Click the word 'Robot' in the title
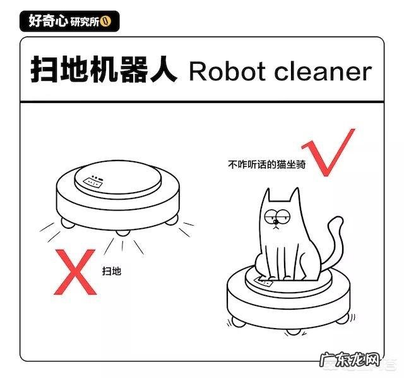pyautogui.click(x=225, y=72)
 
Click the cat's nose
pyautogui.click(x=282, y=223)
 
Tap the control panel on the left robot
pyautogui.click(x=92, y=181)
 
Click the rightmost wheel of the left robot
pyautogui.click(x=170, y=221)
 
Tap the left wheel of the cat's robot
pyautogui.click(x=238, y=321)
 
